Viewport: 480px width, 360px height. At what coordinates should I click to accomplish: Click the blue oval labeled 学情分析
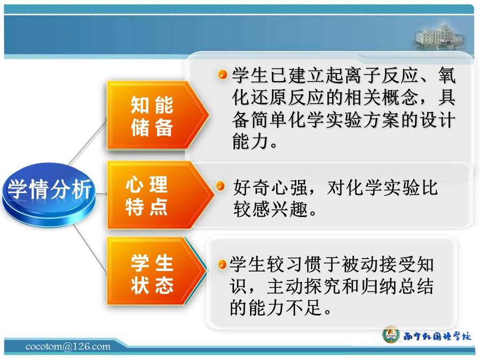(x=49, y=194)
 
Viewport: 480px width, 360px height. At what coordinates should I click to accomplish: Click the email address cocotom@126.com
(x=68, y=347)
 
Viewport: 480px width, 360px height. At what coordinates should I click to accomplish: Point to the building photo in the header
(x=440, y=38)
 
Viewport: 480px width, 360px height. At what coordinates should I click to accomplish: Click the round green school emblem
(x=391, y=334)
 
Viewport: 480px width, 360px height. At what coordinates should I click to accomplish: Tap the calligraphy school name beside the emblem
(x=437, y=336)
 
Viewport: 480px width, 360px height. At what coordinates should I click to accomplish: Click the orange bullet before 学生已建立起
(x=222, y=74)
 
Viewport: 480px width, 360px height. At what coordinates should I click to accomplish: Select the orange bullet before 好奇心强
(x=220, y=186)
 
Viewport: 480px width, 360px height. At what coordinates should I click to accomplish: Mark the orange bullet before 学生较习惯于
(x=222, y=265)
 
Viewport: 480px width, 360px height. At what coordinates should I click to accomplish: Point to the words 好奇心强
(x=270, y=187)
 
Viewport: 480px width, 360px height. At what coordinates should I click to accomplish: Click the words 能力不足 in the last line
(x=286, y=307)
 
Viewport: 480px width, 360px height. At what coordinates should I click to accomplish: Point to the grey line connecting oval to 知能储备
(x=88, y=142)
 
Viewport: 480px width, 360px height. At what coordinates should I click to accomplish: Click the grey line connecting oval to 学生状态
(x=90, y=249)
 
